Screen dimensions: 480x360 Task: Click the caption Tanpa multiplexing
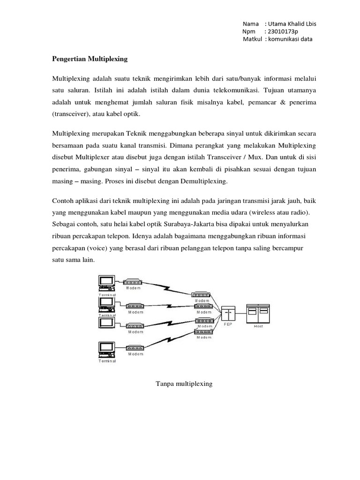coord(184,384)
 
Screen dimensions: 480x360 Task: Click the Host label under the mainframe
coord(258,326)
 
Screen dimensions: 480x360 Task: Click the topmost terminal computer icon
coord(106,282)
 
